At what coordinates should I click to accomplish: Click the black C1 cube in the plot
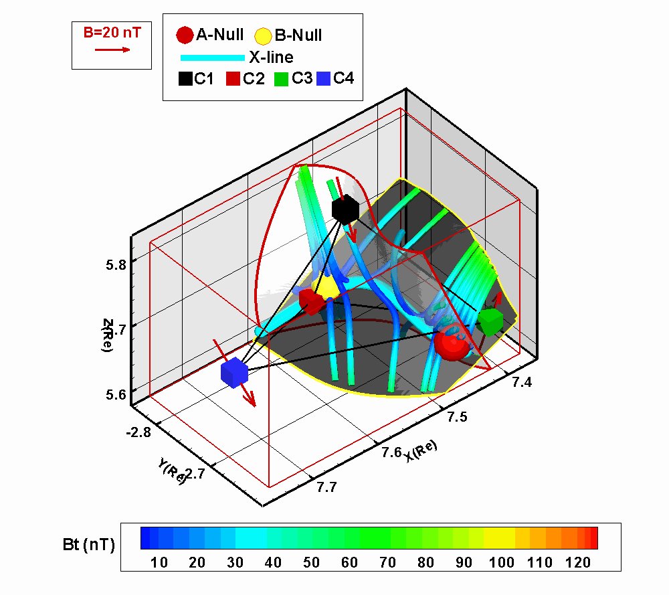pyautogui.click(x=345, y=209)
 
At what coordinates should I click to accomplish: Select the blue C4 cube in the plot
pyautogui.click(x=234, y=373)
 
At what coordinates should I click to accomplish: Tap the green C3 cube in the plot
pyautogui.click(x=490, y=321)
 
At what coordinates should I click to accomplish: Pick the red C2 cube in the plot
pyautogui.click(x=311, y=302)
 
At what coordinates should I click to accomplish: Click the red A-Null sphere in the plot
pyautogui.click(x=449, y=345)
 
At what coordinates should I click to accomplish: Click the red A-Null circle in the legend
pyautogui.click(x=184, y=35)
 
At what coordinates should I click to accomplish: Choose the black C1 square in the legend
pyautogui.click(x=185, y=79)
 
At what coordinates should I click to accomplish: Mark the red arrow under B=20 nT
pyautogui.click(x=112, y=50)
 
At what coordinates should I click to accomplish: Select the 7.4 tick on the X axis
pyautogui.click(x=523, y=382)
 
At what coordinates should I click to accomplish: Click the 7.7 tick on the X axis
pyautogui.click(x=326, y=487)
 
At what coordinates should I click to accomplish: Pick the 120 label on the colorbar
pyautogui.click(x=577, y=563)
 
